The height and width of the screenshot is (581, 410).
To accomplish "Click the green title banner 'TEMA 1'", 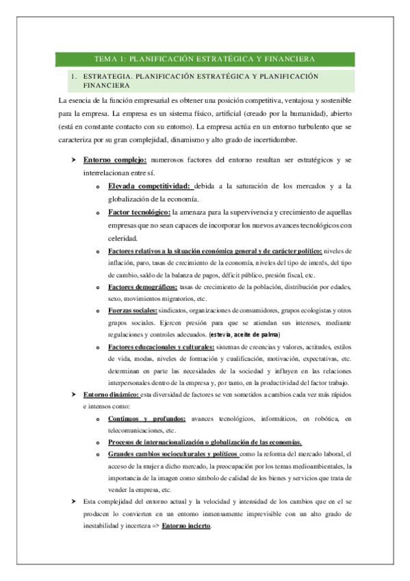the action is click(205, 59).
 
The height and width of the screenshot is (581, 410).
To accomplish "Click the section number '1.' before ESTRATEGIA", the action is click(72, 77).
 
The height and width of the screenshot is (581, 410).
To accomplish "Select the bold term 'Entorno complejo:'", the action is click(110, 160).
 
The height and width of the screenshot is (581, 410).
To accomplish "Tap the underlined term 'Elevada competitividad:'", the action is click(149, 186).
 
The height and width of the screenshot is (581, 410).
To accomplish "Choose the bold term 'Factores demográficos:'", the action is click(142, 286).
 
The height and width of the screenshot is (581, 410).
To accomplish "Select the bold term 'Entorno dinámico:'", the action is click(110, 395).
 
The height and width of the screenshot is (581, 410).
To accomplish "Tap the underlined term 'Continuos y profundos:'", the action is click(146, 418).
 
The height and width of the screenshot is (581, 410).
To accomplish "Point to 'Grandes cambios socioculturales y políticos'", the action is click(173, 454).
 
